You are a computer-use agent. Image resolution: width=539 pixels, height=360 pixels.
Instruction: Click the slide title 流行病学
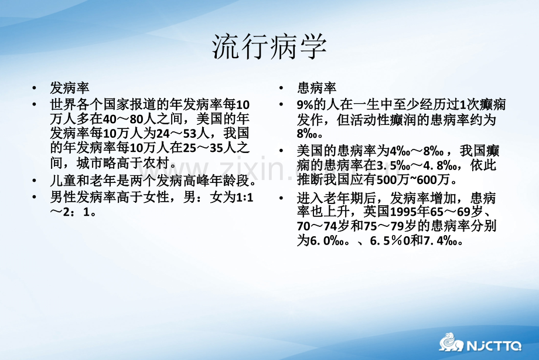(x=269, y=46)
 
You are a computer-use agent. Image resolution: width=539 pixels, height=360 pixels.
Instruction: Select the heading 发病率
(x=70, y=88)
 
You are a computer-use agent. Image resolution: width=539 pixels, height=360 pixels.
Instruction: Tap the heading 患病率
(x=316, y=88)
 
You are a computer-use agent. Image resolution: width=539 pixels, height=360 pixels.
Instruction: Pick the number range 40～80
(x=123, y=119)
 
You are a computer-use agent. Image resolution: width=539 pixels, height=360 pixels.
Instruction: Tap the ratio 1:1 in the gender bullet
(x=245, y=198)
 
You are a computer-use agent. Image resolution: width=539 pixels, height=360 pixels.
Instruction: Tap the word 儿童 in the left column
(x=63, y=181)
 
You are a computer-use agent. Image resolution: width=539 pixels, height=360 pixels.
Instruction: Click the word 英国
(x=376, y=211)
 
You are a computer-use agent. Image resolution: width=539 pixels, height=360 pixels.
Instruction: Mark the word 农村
(x=156, y=163)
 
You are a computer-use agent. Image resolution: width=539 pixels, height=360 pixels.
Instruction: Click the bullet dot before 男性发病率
(x=34, y=197)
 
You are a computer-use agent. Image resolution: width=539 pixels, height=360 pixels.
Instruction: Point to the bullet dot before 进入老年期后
(x=281, y=198)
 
